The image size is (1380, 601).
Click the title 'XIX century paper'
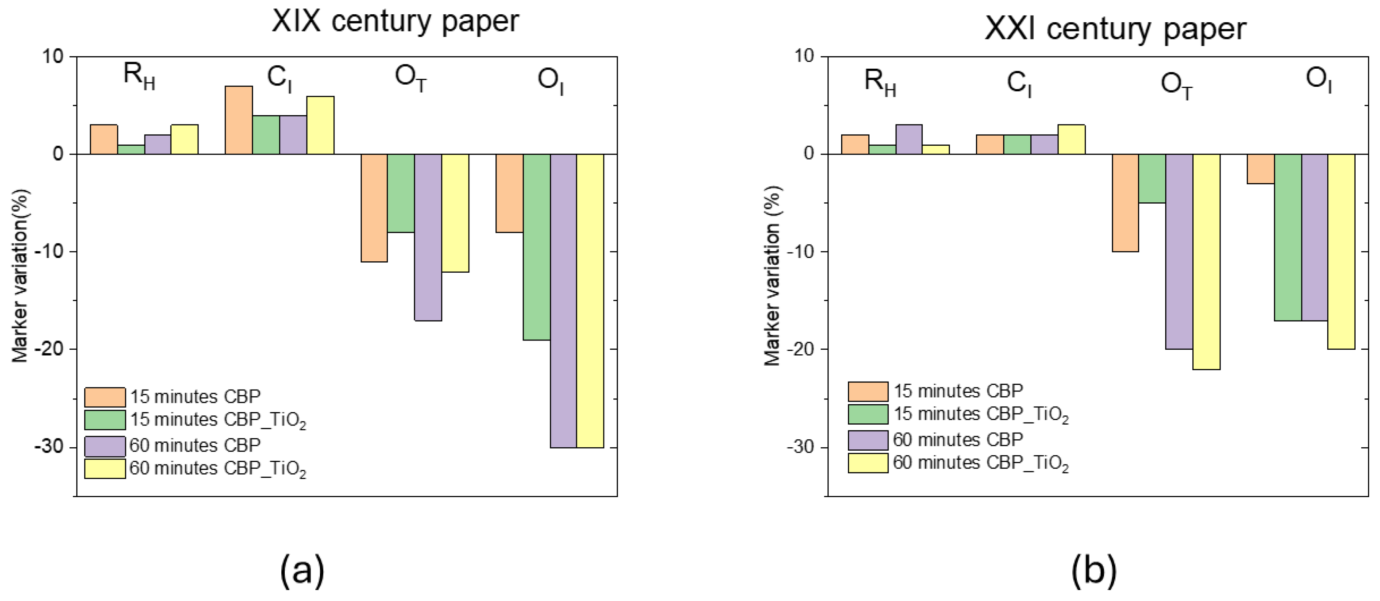click(x=395, y=21)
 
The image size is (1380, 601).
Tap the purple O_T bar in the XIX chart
click(x=427, y=237)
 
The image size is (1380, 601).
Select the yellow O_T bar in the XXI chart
click(x=1206, y=261)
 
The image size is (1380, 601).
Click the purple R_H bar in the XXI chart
click(x=909, y=139)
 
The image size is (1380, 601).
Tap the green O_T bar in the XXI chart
click(x=1152, y=178)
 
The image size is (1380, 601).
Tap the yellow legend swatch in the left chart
click(x=105, y=468)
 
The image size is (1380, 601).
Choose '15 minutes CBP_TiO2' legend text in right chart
click(x=980, y=414)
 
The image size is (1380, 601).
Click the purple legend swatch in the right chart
click(x=868, y=440)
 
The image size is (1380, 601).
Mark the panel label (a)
click(x=302, y=570)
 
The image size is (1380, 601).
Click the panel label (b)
click(x=1093, y=570)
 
